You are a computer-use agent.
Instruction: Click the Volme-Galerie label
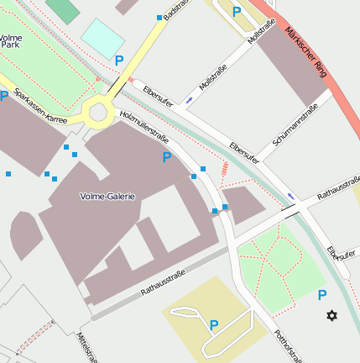point(107,196)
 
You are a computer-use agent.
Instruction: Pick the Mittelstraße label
point(86,348)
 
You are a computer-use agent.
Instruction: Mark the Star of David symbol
point(331,315)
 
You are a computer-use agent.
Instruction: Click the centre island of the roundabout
point(98,110)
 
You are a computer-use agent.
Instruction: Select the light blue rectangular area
point(102,38)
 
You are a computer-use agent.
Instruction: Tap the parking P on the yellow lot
point(213,325)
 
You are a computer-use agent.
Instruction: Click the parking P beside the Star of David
point(321,295)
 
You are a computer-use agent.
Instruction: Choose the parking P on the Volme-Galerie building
point(166,157)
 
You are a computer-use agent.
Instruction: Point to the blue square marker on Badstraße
point(159,17)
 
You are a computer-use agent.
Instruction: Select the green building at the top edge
point(61,9)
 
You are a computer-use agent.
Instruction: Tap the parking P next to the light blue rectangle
point(118,60)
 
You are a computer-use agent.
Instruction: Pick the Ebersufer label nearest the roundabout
point(158,95)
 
